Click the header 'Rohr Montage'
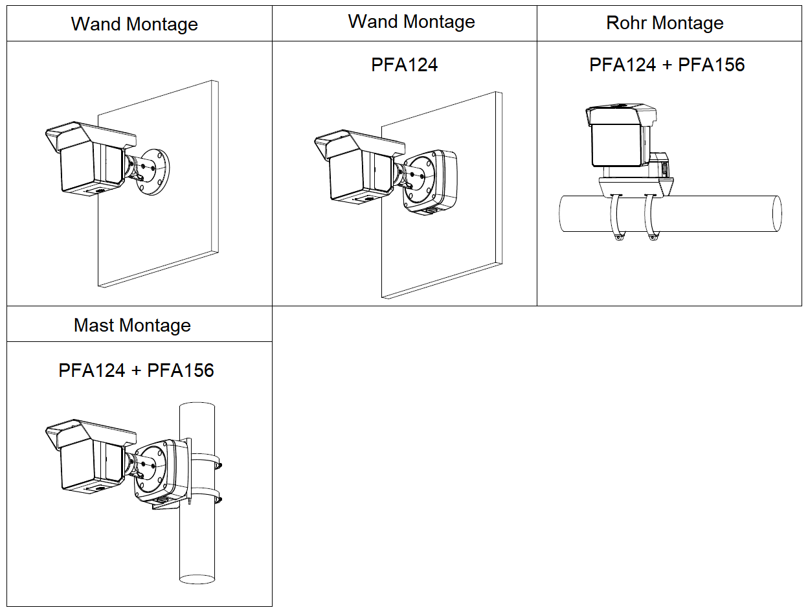[665, 23]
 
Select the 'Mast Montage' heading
[133, 325]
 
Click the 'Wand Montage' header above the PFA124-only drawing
[411, 22]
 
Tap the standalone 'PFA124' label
[405, 65]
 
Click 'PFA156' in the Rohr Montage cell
[712, 65]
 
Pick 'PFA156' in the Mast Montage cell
[181, 370]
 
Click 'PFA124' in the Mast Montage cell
[91, 370]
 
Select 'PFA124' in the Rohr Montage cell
[622, 65]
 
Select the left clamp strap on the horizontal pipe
[616, 217]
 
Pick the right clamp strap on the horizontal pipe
[650, 217]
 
